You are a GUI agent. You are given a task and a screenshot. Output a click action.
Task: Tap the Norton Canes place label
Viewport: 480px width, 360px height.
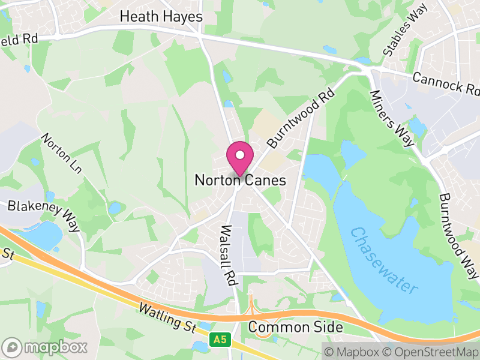pyautogui.click(x=240, y=180)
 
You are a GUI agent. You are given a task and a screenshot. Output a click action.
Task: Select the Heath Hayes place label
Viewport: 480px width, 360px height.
pyautogui.click(x=161, y=16)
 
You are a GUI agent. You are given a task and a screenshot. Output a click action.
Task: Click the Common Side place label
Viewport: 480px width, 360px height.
pyautogui.click(x=295, y=328)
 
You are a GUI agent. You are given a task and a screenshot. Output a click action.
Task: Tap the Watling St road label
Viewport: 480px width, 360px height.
pyautogui.click(x=166, y=318)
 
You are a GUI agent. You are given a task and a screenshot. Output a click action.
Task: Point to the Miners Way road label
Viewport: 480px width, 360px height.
pyautogui.click(x=392, y=118)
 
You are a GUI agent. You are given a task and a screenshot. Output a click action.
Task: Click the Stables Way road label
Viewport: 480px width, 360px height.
pyautogui.click(x=406, y=32)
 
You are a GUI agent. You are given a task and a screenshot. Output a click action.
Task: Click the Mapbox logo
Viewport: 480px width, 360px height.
pyautogui.click(x=46, y=347)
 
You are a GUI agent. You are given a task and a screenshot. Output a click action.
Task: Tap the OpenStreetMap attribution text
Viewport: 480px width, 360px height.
pyautogui.click(x=430, y=352)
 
